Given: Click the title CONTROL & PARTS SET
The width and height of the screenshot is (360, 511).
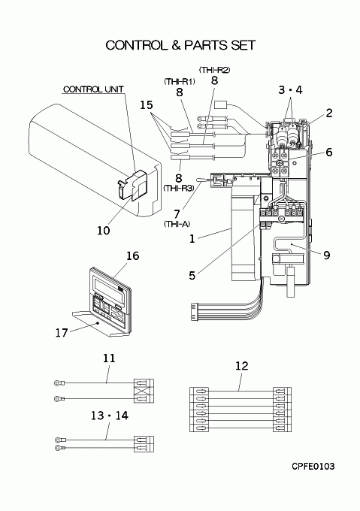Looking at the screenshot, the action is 180,45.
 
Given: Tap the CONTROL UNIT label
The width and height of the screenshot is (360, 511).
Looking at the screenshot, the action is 93,89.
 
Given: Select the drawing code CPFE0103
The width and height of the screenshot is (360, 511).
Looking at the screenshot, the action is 313,467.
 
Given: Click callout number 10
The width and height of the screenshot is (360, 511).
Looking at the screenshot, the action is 104,231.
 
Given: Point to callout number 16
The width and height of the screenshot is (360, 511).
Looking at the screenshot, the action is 132,255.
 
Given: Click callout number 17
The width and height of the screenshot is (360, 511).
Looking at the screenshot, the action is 62,333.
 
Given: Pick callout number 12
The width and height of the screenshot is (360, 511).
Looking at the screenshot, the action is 242,366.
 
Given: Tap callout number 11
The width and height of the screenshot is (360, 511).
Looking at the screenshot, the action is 109,358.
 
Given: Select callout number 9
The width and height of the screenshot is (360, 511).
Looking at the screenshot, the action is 327,255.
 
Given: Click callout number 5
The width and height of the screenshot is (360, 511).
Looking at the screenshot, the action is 192,275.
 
